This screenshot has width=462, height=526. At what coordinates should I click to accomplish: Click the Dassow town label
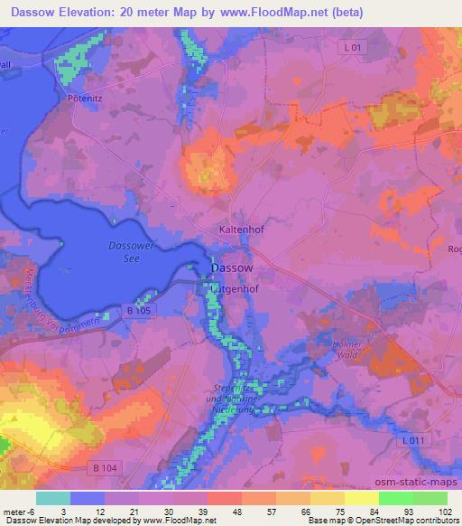coord(231,268)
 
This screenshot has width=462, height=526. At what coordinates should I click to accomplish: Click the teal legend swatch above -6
coord(52,498)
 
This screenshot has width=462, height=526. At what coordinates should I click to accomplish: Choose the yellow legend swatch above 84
coord(362,498)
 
